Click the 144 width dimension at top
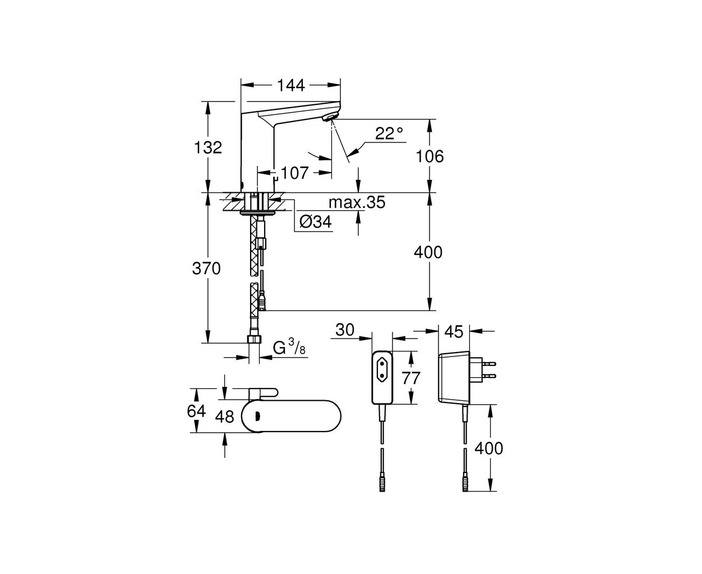[x=291, y=86]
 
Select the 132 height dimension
[x=207, y=147]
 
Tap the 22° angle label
[x=389, y=133]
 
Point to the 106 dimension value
[x=429, y=156]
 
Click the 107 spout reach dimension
[x=295, y=173]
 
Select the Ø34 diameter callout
[x=316, y=221]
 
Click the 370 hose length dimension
[x=206, y=268]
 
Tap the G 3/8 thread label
[x=289, y=348]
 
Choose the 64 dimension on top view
[x=196, y=411]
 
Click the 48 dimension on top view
[x=225, y=416]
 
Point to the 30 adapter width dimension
[x=345, y=330]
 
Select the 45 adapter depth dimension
[x=454, y=331]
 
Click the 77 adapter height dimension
[x=411, y=378]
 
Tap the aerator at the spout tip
[x=330, y=117]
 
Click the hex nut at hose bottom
[x=255, y=339]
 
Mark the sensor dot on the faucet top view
[x=257, y=415]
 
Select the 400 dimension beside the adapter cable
[x=488, y=448]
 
